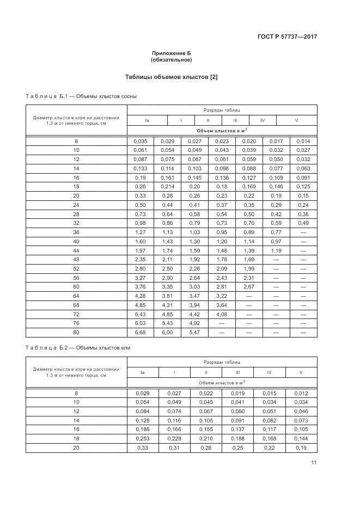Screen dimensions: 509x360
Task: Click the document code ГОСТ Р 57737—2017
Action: tap(286, 37)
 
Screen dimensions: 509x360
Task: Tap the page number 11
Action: tap(314, 463)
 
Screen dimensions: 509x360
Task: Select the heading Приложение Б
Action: tap(171, 53)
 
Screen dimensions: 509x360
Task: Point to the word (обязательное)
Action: tap(171, 60)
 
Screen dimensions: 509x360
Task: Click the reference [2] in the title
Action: tap(213, 77)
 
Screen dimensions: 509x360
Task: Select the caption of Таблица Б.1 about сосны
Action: tap(81, 96)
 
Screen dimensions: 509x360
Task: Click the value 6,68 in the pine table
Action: tap(140, 332)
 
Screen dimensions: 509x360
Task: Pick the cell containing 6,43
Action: tap(140, 315)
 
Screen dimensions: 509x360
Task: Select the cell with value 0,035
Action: tap(140, 141)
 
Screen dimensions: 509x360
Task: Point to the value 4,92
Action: tap(194, 323)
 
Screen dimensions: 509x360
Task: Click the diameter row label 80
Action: tap(76, 332)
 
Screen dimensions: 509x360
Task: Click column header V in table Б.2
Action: tap(301, 372)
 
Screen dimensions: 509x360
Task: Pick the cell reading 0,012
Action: tap(301, 393)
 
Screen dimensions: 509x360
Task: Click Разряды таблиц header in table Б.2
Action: tap(222, 362)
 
